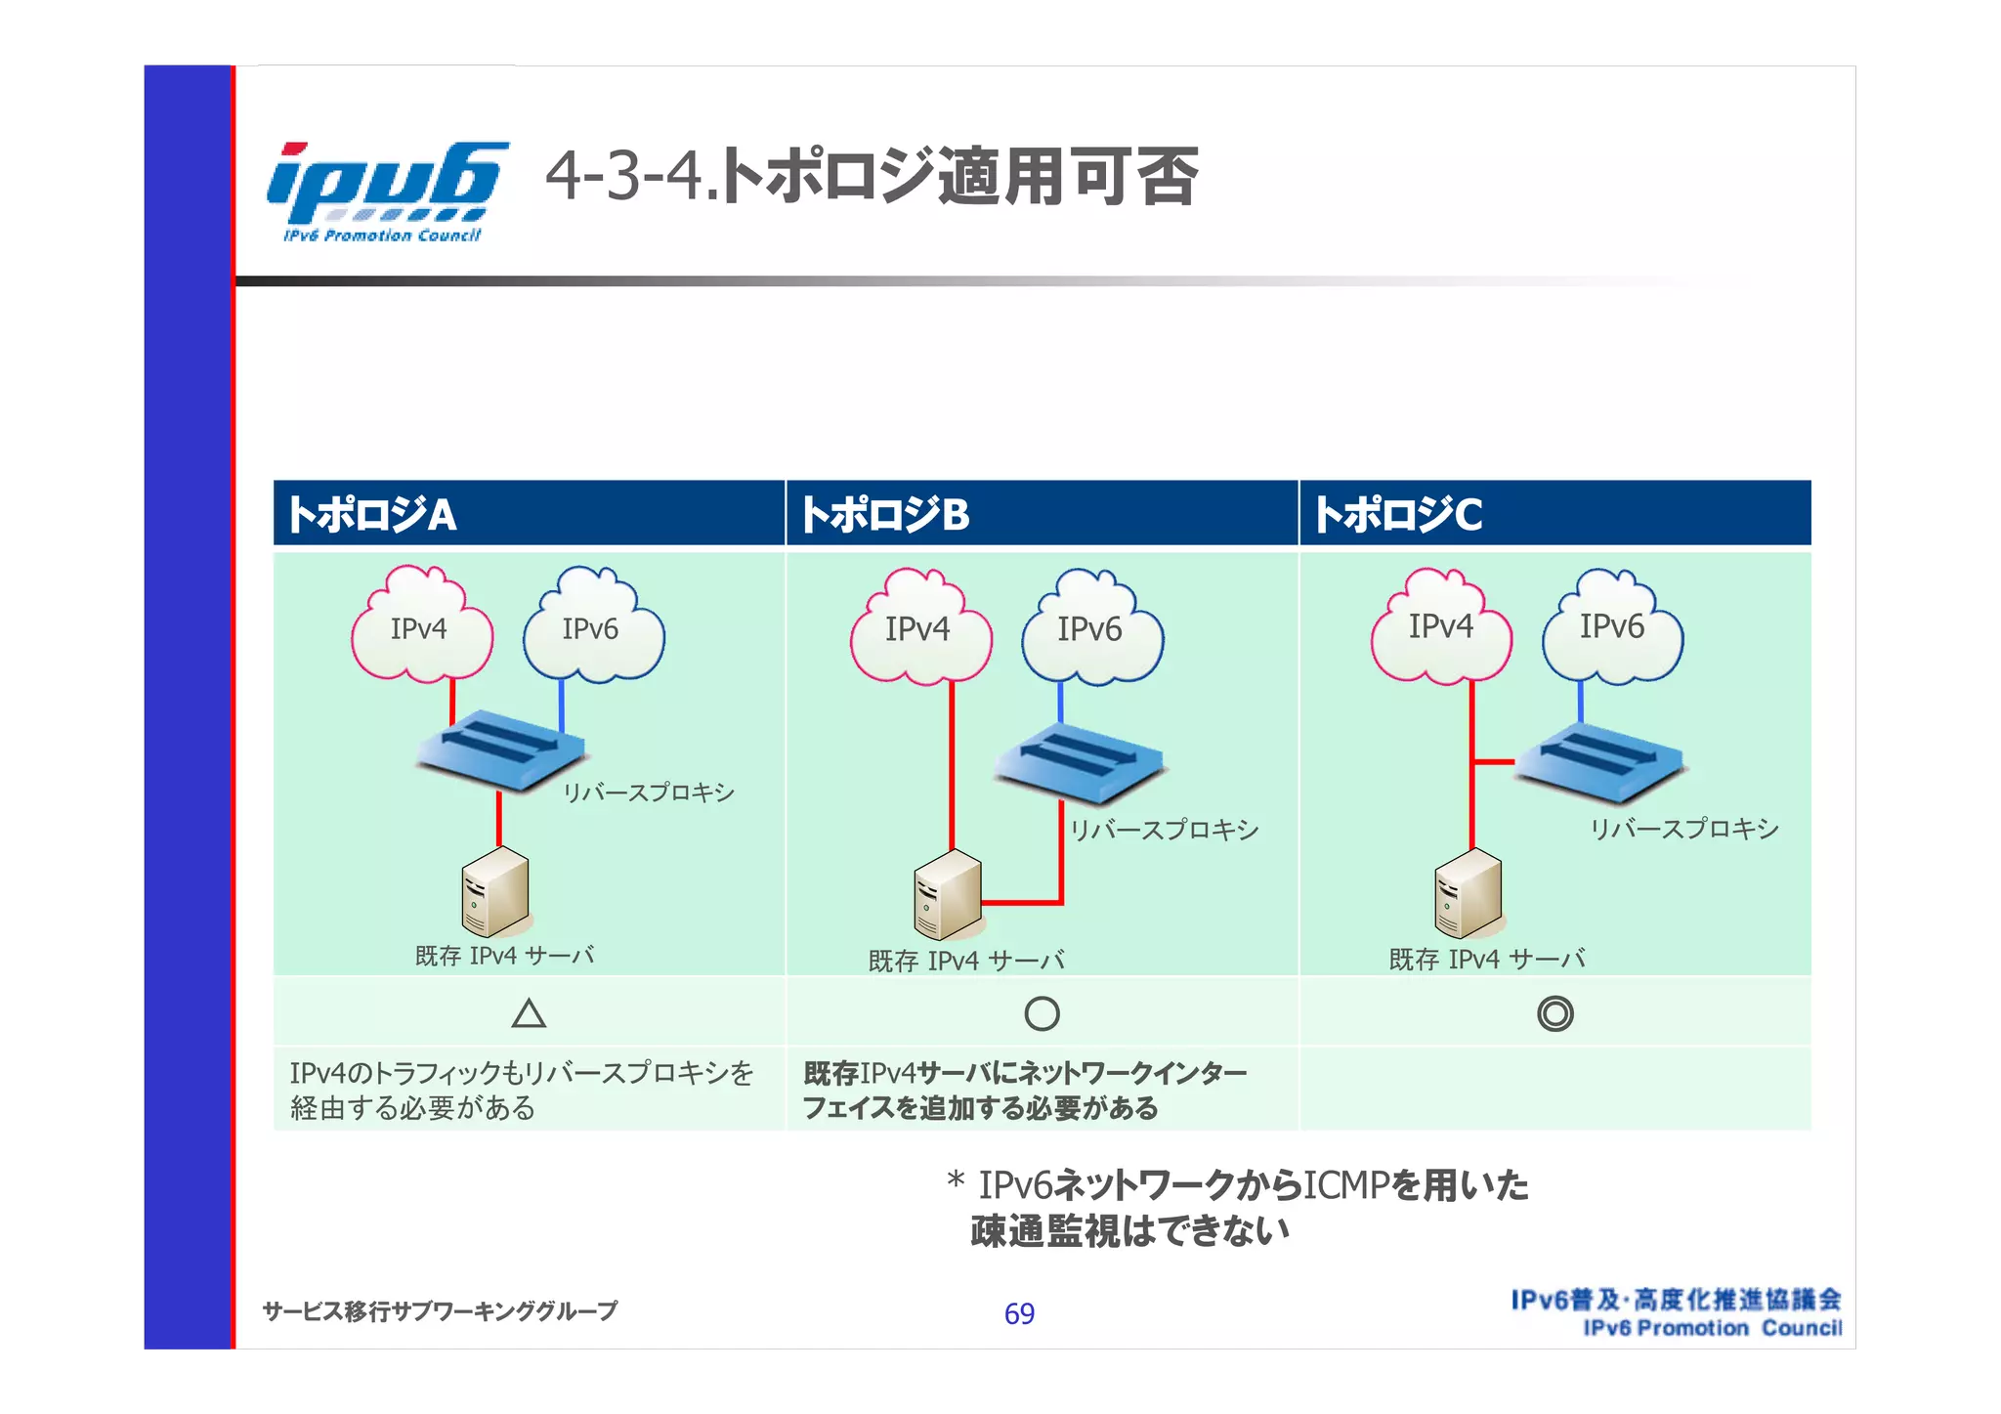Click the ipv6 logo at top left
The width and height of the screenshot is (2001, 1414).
387,192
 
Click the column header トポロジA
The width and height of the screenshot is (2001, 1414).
371,514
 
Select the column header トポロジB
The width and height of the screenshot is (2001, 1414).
884,514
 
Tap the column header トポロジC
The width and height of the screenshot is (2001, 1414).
1398,514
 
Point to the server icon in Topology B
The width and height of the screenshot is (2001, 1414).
947,895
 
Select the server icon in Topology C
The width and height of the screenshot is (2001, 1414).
1468,893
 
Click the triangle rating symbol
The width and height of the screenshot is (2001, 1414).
529,1013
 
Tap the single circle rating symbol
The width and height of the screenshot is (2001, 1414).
1042,1014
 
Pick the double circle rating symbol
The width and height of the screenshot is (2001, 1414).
1554,1014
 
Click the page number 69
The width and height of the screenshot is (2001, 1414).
1019,1313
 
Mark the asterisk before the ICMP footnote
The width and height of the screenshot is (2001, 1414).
956,1181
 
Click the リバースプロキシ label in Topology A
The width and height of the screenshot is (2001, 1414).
648,793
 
